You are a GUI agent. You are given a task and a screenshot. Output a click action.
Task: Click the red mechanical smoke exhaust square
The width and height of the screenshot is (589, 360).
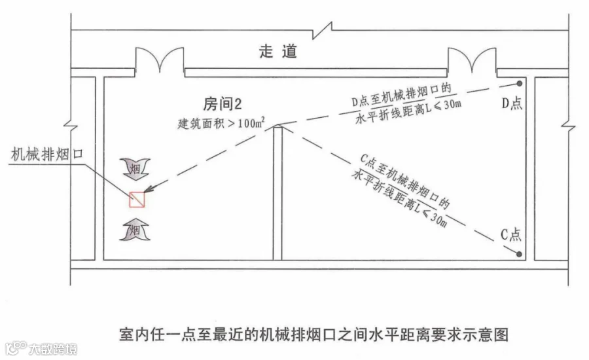tap(137, 200)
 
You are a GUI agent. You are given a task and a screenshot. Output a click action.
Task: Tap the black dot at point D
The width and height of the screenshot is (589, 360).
tap(519, 83)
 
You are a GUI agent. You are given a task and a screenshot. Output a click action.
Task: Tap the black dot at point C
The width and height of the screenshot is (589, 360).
tap(519, 255)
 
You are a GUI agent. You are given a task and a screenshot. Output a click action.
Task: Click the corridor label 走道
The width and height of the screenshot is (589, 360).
tap(278, 51)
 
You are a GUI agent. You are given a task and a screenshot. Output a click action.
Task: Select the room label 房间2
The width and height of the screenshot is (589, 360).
tap(223, 103)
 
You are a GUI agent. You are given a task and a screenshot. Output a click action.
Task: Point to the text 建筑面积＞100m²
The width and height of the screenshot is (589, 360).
tap(221, 123)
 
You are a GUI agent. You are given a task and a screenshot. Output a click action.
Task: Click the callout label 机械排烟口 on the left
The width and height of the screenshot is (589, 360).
tap(47, 154)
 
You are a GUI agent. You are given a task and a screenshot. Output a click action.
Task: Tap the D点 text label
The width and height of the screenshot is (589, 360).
tap(512, 103)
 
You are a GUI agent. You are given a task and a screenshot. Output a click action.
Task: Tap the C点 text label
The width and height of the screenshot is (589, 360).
tap(511, 234)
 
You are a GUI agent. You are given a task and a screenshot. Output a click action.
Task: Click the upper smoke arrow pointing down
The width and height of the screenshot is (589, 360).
tap(135, 169)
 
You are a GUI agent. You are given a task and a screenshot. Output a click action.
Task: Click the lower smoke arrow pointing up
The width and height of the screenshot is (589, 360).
tap(135, 229)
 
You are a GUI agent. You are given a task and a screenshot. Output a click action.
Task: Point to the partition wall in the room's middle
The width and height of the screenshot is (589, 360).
tap(277, 193)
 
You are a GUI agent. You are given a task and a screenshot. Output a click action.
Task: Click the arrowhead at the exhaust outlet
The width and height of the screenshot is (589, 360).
tap(149, 189)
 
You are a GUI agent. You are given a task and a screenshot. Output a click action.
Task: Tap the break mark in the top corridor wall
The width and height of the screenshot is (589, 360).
tap(322, 31)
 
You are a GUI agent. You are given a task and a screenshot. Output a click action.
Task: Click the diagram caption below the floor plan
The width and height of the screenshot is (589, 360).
tap(313, 334)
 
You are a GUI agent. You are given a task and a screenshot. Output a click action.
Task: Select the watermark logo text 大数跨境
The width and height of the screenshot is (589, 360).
tap(53, 349)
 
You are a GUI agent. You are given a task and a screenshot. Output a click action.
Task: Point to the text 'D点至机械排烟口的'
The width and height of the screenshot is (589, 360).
tap(401, 95)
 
